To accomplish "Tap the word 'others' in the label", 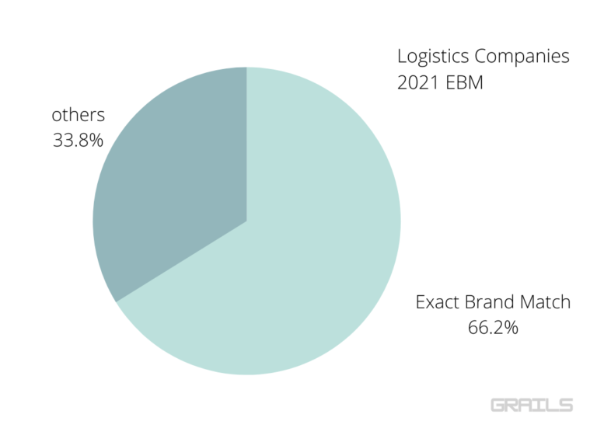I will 78,115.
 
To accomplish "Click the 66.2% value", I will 493,328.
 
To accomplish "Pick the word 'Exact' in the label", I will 436,301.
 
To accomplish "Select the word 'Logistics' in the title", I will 431,57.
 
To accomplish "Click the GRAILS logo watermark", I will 532,405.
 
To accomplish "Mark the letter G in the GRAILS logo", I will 499,405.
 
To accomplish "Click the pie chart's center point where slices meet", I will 246,221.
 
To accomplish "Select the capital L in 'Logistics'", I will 402,57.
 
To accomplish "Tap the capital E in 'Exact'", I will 421,301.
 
